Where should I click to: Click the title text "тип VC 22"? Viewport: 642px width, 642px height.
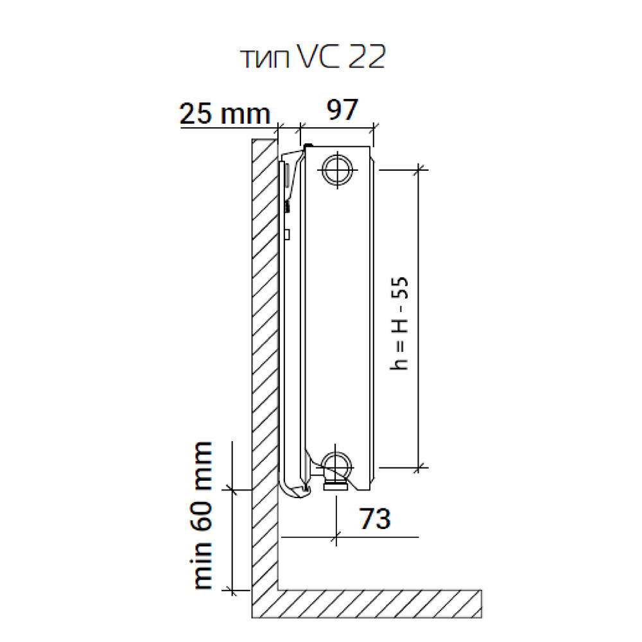tap(313, 57)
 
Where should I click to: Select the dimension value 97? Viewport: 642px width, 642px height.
tap(342, 109)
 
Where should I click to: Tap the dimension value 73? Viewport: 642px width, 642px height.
tap(375, 518)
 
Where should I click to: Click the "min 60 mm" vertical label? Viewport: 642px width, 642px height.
tap(202, 516)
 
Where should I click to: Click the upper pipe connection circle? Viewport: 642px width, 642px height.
tap(338, 169)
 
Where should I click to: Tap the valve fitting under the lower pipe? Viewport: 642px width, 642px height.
tap(335, 486)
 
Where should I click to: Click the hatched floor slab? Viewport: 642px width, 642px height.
tap(367, 603)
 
